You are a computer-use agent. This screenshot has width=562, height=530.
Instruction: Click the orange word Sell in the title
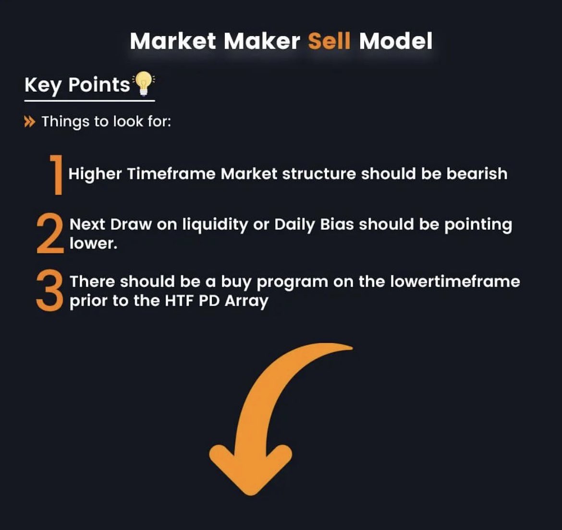[329, 41]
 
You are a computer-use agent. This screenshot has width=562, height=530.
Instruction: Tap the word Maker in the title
[262, 41]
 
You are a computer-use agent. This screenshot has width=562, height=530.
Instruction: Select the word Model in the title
[396, 41]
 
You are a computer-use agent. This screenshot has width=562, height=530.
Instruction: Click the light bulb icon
[143, 83]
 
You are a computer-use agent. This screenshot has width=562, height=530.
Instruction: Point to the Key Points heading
[77, 85]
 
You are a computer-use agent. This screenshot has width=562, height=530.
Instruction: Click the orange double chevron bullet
[29, 122]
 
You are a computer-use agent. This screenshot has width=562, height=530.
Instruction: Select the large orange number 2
[50, 234]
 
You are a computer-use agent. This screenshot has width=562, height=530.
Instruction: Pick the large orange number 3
[49, 291]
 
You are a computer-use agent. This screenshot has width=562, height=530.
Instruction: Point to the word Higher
[95, 174]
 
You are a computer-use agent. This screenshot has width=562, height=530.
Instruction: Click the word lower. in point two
[93, 243]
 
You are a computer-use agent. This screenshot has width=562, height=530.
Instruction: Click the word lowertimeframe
[455, 281]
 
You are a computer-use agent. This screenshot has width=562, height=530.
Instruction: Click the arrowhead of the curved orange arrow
[250, 468]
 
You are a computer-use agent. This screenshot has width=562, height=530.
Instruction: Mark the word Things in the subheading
[65, 122]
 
